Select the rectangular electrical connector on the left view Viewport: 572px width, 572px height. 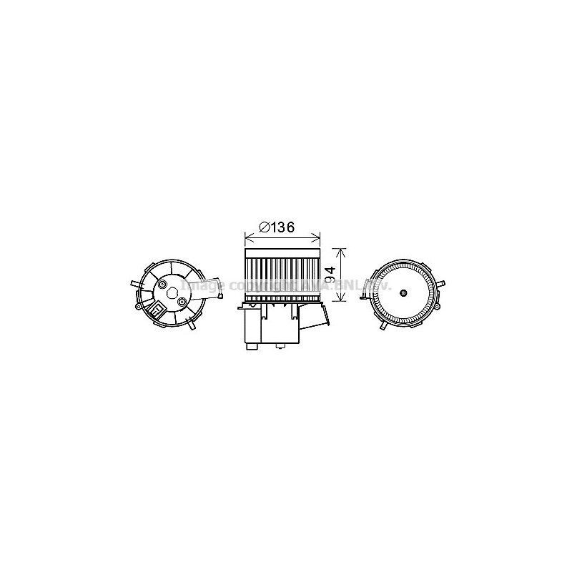click(x=157, y=310)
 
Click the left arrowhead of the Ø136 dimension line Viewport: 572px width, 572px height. click(x=248, y=238)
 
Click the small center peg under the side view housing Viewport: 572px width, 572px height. click(x=280, y=346)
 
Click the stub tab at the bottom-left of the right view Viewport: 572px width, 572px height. click(x=384, y=327)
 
